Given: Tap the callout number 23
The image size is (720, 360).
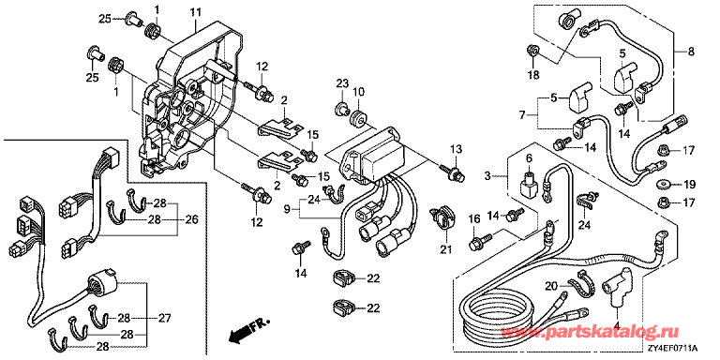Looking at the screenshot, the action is pyautogui.click(x=342, y=83).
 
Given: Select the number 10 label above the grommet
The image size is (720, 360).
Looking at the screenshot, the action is pyautogui.click(x=359, y=92).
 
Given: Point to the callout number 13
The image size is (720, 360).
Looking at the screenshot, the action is pyautogui.click(x=455, y=149).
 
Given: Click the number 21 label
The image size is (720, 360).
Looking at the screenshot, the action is pyautogui.click(x=446, y=250).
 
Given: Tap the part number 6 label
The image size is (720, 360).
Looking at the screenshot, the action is pyautogui.click(x=529, y=157).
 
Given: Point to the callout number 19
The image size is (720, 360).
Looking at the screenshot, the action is pyautogui.click(x=689, y=185).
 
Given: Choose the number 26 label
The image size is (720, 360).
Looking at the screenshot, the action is pyautogui.click(x=191, y=220).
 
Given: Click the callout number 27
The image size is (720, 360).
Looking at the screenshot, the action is pyautogui.click(x=164, y=318).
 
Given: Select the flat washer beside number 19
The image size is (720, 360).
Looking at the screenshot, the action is pyautogui.click(x=663, y=184).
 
